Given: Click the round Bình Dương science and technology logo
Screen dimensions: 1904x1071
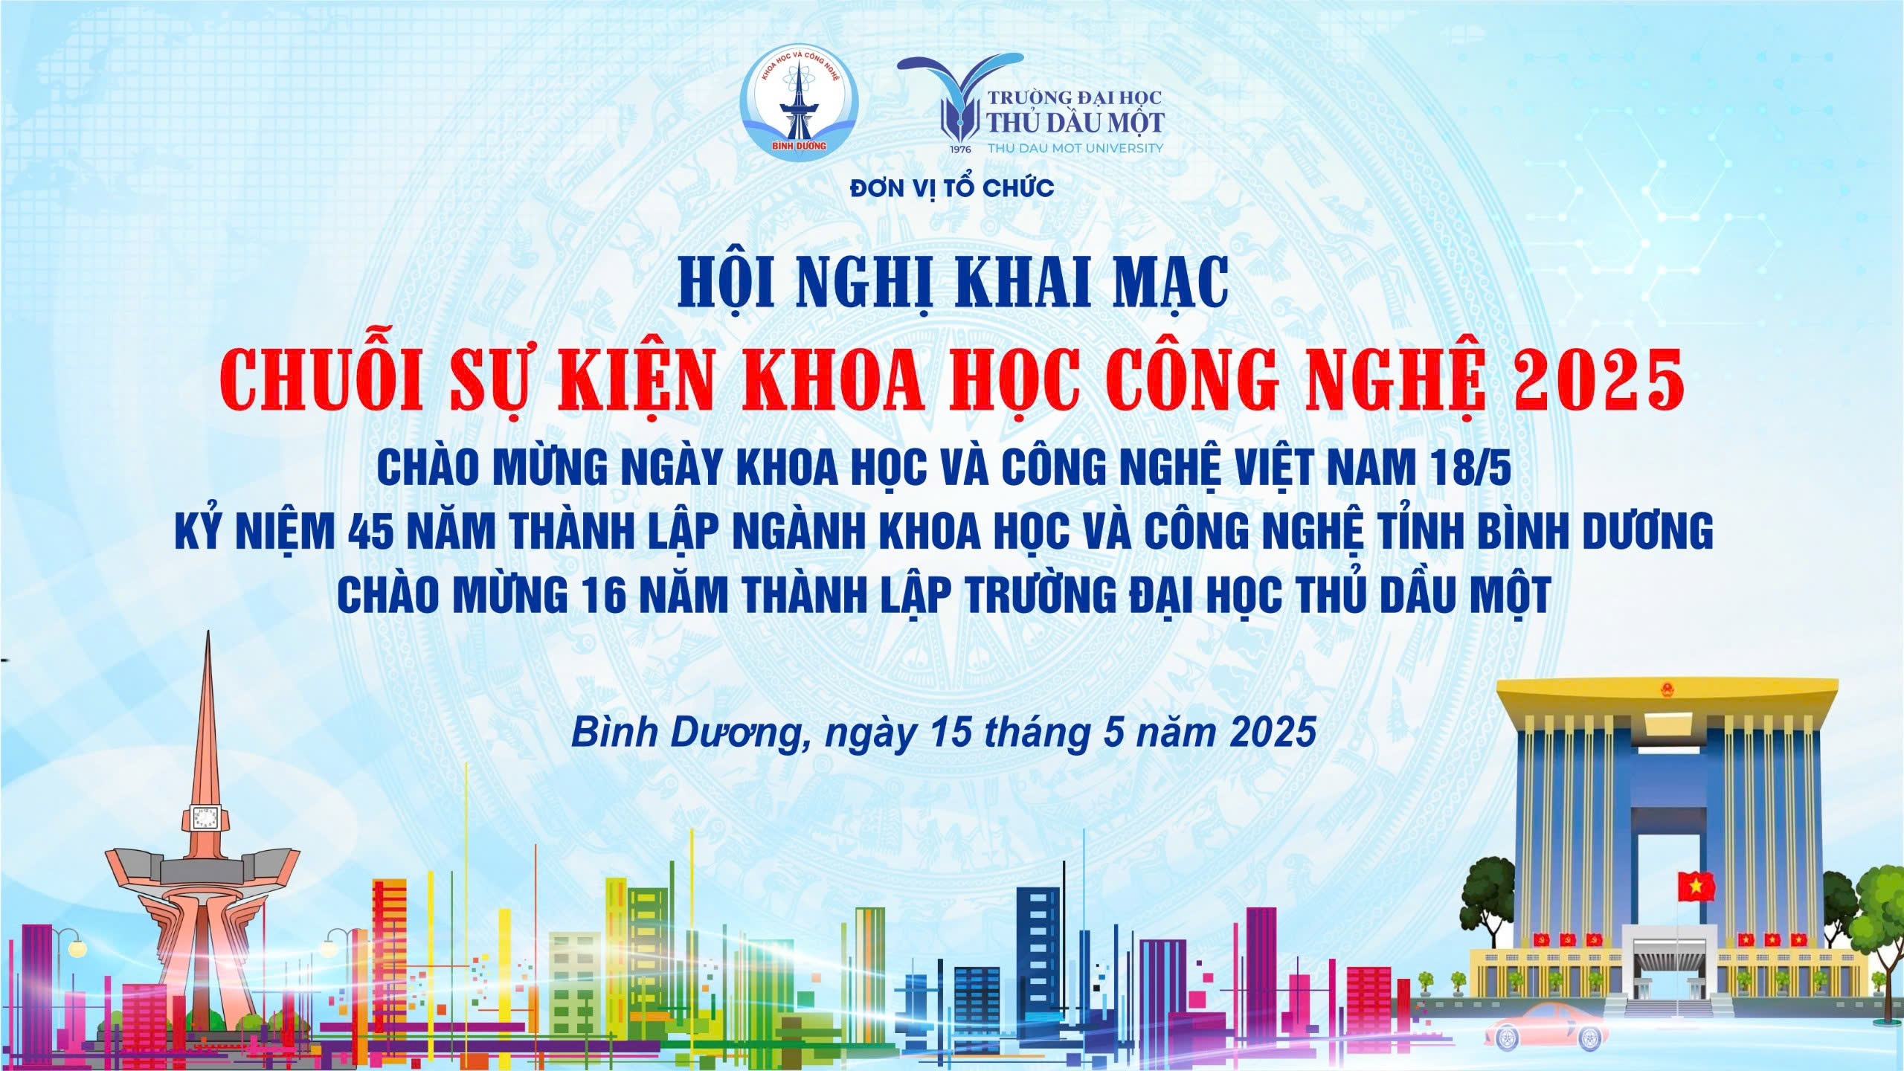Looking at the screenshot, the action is tap(798, 103).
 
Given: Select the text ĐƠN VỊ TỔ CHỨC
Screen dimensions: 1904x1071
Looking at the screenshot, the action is tap(952, 188).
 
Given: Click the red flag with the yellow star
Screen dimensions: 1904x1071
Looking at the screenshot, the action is tap(1696, 886).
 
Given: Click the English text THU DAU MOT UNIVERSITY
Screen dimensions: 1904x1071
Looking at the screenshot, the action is tap(1075, 148).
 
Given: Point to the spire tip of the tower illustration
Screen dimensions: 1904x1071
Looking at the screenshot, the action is tap(208, 633).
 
